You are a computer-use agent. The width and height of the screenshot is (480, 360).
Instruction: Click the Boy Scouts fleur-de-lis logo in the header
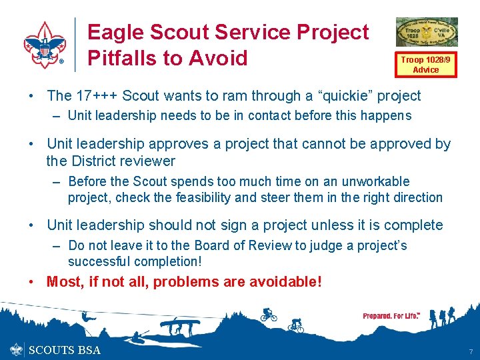pos(45,45)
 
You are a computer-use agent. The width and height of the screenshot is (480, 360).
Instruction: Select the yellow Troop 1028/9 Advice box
pos(425,64)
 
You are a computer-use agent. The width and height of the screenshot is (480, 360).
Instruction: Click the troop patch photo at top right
pos(427,32)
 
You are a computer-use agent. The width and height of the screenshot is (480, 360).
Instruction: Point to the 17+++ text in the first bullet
pos(97,96)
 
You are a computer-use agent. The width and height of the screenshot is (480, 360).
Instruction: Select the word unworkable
pos(377,181)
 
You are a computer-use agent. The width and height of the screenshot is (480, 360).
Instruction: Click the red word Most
pos(63,282)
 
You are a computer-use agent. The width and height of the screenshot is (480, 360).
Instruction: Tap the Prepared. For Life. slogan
pos(391,315)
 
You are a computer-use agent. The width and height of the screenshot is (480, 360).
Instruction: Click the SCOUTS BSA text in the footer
pos(65,350)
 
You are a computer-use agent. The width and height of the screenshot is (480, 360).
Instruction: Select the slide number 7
pos(469,351)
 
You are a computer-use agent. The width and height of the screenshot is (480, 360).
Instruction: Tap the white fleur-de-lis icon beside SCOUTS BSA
pos(17,349)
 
